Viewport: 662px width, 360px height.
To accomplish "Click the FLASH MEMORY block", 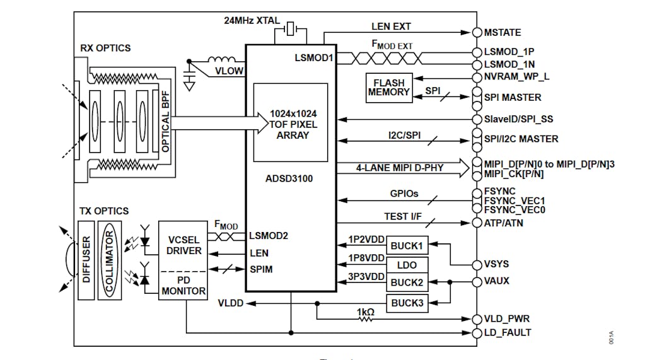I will pos(389,88).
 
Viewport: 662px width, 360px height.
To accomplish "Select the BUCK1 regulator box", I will pos(406,245).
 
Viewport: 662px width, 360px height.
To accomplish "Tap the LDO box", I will pos(406,264).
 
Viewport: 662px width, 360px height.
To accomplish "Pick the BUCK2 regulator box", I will pos(406,283).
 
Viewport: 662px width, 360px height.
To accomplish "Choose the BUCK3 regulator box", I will pos(406,303).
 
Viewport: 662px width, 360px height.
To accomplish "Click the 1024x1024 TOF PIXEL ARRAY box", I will pos(290,124).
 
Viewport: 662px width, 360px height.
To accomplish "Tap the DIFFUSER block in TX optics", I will pos(87,260).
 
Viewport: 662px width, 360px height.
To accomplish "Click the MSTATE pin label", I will pos(502,32).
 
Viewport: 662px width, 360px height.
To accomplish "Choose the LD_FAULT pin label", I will pos(507,332).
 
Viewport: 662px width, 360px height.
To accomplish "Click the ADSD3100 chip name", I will pos(290,178).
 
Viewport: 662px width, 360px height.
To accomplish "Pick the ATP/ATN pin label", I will pos(502,223).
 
